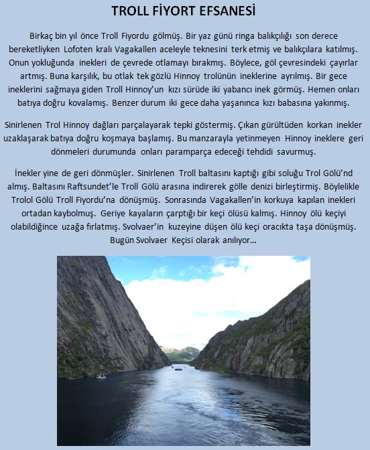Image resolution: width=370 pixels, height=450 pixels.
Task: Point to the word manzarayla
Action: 227,139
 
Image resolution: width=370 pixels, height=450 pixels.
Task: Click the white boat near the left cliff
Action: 101,376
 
